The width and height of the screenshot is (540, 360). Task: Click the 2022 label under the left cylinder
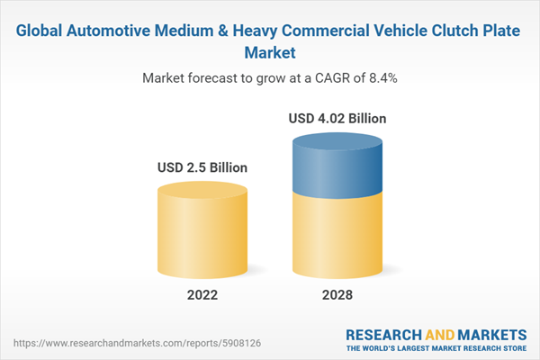(202, 295)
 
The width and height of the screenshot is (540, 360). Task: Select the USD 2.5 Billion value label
(202, 167)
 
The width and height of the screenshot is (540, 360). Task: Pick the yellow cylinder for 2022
(202, 229)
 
